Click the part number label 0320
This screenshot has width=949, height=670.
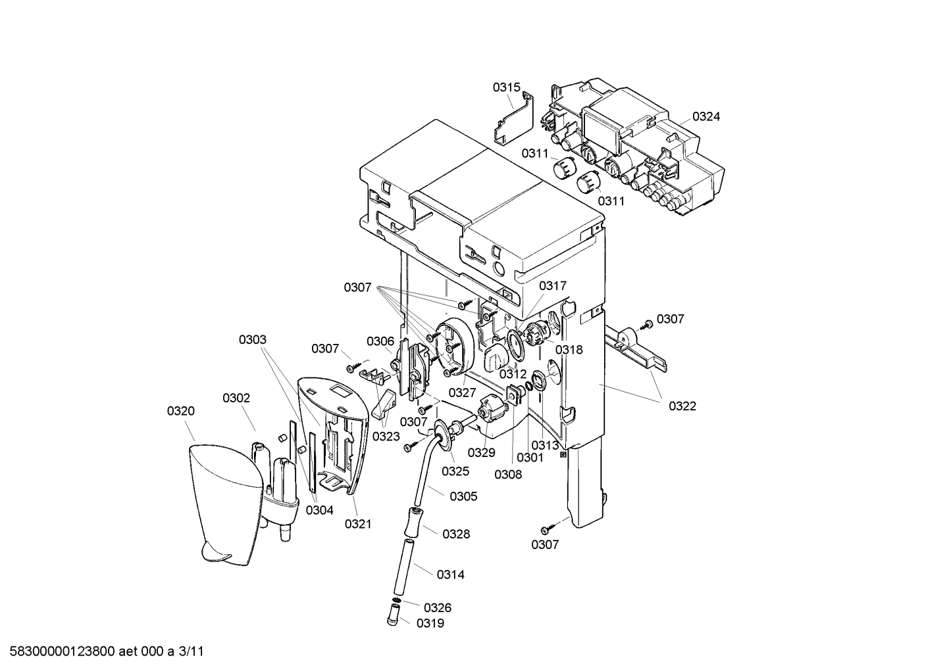point(181,410)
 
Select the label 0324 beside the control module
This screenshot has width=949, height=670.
point(706,116)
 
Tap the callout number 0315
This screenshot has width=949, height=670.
point(506,87)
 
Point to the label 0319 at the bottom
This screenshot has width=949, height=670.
point(430,623)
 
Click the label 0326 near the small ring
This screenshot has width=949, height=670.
point(438,608)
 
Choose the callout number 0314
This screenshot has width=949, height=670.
point(451,575)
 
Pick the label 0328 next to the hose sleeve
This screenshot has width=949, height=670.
point(456,534)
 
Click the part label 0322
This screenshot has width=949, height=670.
point(682,406)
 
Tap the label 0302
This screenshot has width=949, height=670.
point(236,398)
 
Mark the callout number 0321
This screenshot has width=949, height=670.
point(358,524)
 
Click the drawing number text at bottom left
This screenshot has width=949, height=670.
point(107,652)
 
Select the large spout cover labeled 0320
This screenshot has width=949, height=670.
point(224,504)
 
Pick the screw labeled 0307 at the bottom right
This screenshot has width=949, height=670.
point(550,529)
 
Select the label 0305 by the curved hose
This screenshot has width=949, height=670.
point(463,496)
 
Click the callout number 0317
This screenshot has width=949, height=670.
point(553,286)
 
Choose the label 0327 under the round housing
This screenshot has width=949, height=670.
point(463,393)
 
